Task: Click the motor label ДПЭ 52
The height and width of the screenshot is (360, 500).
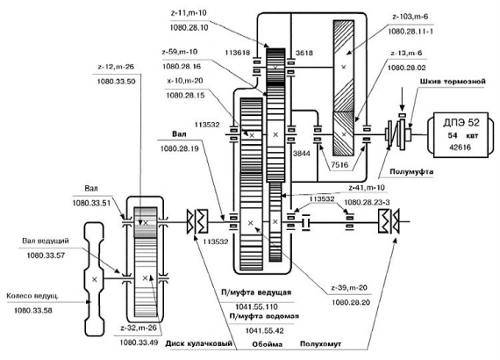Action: pyautogui.click(x=461, y=123)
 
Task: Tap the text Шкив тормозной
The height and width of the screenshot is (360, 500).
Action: pyautogui.click(x=453, y=82)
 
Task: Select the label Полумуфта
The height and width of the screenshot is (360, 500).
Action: pyautogui.click(x=411, y=172)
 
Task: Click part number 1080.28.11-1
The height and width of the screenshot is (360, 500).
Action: pyautogui.click(x=411, y=32)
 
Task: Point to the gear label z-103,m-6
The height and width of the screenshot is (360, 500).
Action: pyautogui.click(x=410, y=17)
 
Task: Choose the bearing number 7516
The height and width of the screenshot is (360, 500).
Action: pyautogui.click(x=339, y=165)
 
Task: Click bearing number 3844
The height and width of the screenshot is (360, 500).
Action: pyautogui.click(x=302, y=154)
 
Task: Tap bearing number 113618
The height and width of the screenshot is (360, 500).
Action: pyautogui.click(x=238, y=53)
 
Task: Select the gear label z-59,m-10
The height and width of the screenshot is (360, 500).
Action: pyautogui.click(x=180, y=52)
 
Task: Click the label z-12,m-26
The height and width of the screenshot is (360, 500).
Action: pyautogui.click(x=116, y=67)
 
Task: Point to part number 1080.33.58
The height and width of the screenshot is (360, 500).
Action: pyautogui.click(x=32, y=311)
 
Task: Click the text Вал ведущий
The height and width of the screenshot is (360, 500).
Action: pyautogui.click(x=46, y=241)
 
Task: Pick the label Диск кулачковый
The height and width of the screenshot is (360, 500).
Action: pyautogui.click(x=198, y=343)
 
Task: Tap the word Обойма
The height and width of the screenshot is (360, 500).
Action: pyautogui.click(x=268, y=344)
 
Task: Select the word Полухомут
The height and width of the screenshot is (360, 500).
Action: pyautogui.click(x=320, y=344)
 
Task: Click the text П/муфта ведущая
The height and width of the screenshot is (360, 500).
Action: pyautogui.click(x=256, y=292)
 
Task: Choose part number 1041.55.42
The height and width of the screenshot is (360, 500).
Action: pyautogui.click(x=264, y=331)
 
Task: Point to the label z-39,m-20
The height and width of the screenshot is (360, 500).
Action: pyautogui.click(x=349, y=287)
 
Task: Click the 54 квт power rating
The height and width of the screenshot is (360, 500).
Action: pyautogui.click(x=463, y=135)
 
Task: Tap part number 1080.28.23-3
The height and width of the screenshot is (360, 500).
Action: pyautogui.click(x=367, y=202)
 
